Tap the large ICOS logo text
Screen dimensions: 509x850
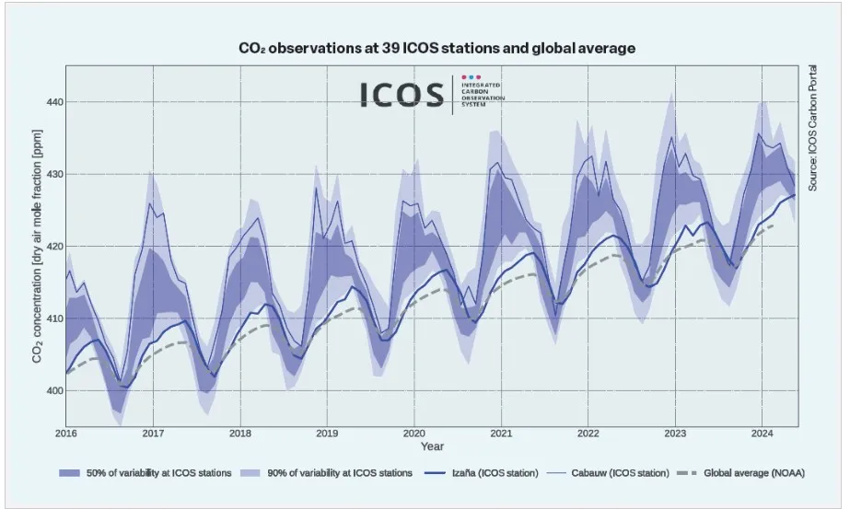[x=402, y=95]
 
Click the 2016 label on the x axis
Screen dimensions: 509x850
[x=66, y=433]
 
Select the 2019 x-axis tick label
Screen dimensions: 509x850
[x=327, y=433]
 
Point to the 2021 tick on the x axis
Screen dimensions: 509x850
[x=501, y=433]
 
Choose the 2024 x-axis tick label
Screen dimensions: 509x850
[x=762, y=433]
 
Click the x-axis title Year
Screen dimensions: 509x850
[x=432, y=446]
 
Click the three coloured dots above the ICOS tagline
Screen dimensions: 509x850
[x=472, y=78]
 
